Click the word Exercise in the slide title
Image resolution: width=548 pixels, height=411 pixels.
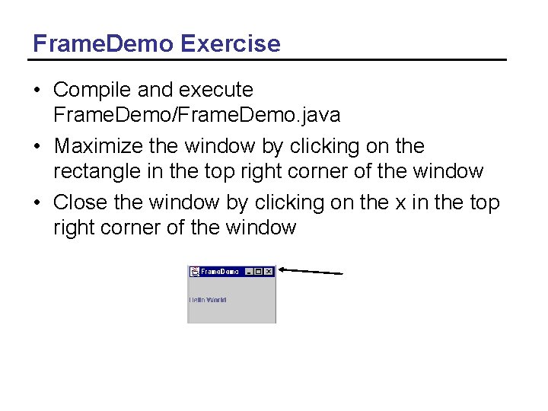231,43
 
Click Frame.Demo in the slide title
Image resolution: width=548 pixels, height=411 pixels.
104,43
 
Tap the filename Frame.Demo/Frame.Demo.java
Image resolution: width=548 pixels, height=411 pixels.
196,115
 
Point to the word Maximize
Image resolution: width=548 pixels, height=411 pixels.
102,146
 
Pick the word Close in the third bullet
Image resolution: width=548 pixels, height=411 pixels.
76,202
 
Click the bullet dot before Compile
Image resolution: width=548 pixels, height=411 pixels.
37,91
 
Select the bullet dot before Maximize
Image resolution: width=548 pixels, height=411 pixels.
37,147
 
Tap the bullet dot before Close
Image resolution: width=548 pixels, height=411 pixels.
37,203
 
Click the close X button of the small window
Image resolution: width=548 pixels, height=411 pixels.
269,272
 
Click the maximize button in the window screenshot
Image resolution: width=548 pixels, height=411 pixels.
259,272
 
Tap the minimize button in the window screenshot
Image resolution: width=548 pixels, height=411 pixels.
249,272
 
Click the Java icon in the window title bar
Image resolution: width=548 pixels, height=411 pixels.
195,272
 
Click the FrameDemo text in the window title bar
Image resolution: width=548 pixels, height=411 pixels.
220,272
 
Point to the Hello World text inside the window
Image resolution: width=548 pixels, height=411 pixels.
208,300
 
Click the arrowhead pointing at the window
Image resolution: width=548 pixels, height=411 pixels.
282,268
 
